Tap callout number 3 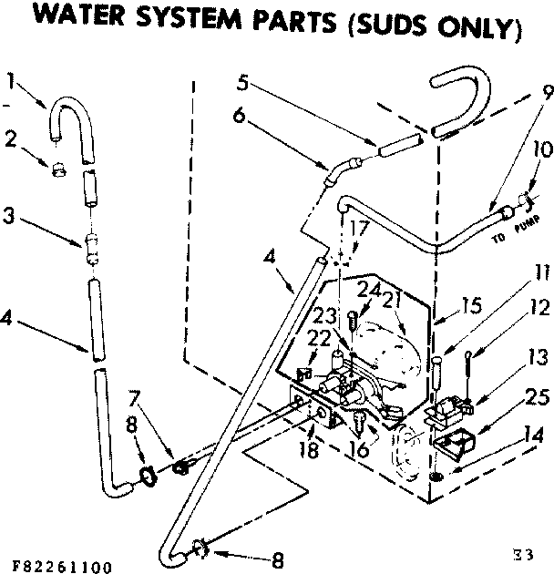click(9, 218)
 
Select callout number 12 click(539, 308)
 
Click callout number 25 click(539, 397)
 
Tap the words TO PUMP click(512, 227)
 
